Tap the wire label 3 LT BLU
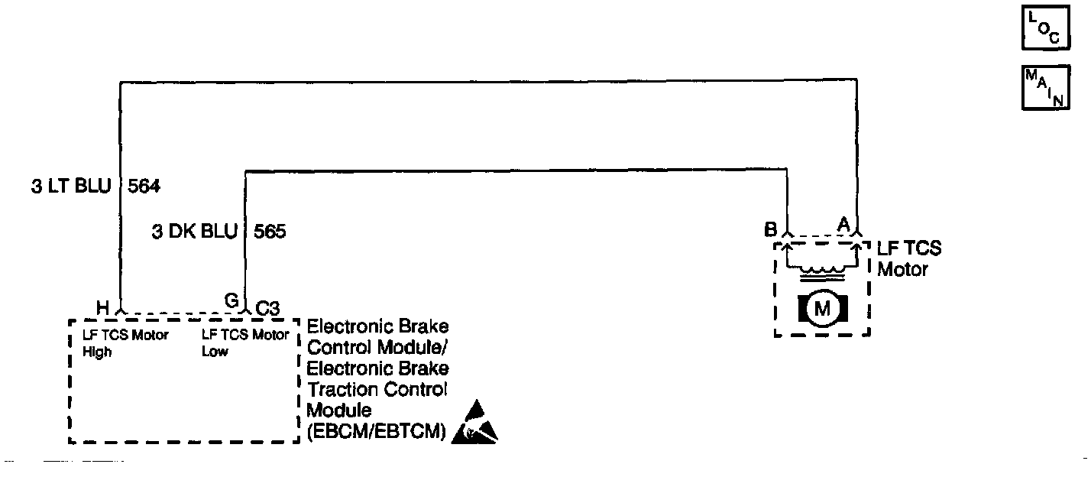pyautogui.click(x=71, y=186)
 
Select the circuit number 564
pyautogui.click(x=144, y=186)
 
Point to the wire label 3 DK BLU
pyautogui.click(x=195, y=232)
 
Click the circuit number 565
pyautogui.click(x=269, y=232)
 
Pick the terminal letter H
pyautogui.click(x=102, y=307)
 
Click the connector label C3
pyautogui.click(x=267, y=307)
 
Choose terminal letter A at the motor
pyautogui.click(x=843, y=223)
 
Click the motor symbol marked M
pyautogui.click(x=823, y=308)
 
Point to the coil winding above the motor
pyautogui.click(x=822, y=269)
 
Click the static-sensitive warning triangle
pyautogui.click(x=474, y=423)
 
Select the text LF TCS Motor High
pyautogui.click(x=125, y=342)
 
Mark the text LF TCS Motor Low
pyautogui.click(x=244, y=342)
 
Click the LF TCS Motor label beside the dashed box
pyautogui.click(x=909, y=259)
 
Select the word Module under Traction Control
pyautogui.click(x=336, y=410)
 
